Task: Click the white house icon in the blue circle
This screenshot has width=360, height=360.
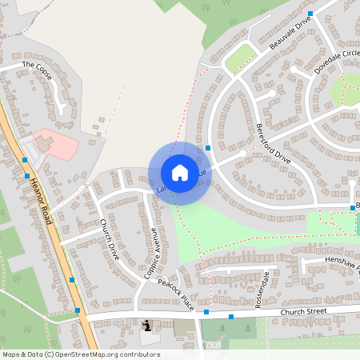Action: (180, 173)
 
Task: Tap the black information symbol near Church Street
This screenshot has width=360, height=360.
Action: (146, 326)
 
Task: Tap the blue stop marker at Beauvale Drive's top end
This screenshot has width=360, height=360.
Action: (310, 13)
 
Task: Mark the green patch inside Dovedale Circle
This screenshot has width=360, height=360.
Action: (346, 89)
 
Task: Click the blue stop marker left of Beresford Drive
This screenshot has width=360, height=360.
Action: (208, 148)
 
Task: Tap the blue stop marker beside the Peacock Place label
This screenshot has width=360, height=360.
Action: (206, 312)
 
